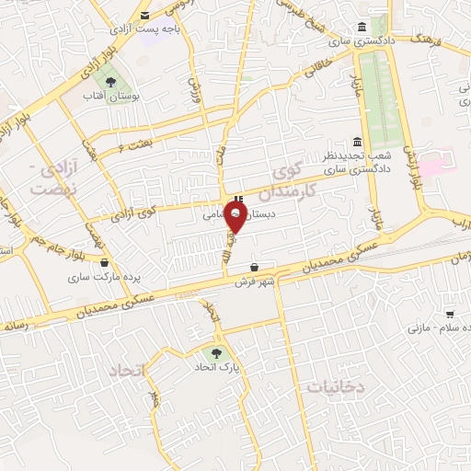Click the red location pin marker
[x=236, y=218]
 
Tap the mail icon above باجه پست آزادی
[x=145, y=15]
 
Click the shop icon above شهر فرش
[x=254, y=267]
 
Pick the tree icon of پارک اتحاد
[x=217, y=351]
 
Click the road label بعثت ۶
[x=133, y=144]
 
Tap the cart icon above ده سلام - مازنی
[x=449, y=315]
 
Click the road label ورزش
[x=194, y=89]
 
